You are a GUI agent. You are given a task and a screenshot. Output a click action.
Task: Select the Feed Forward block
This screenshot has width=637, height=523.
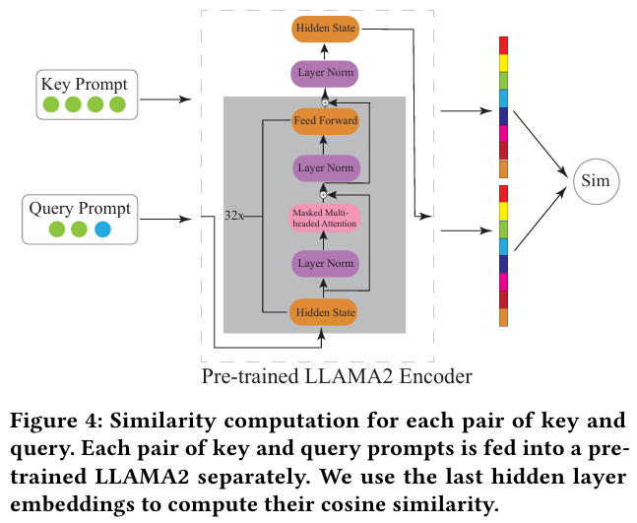pos(324,122)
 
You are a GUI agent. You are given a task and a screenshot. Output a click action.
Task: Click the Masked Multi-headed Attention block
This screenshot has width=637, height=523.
pos(324,218)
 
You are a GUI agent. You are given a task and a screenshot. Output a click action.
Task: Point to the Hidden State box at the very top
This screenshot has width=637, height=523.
pos(324,29)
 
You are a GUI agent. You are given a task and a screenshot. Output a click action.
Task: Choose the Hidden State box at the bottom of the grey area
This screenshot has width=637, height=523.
pos(324,312)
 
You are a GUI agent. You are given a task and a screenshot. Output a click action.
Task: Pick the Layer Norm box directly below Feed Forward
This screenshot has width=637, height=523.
pos(324,167)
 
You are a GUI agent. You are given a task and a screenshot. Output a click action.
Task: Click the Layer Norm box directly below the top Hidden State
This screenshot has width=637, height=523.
pos(324,73)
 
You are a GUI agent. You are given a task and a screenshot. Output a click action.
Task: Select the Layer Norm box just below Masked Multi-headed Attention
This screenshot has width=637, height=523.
pos(324,263)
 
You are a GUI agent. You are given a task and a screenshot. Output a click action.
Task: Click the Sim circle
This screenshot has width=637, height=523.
pos(595,181)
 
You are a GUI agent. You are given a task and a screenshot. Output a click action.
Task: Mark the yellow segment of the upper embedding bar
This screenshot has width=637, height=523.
pos(504,62)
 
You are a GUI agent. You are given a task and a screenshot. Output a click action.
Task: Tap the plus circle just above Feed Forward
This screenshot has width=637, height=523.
pos(324,101)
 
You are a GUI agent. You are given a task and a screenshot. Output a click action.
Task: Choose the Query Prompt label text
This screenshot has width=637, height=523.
pos(80,209)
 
